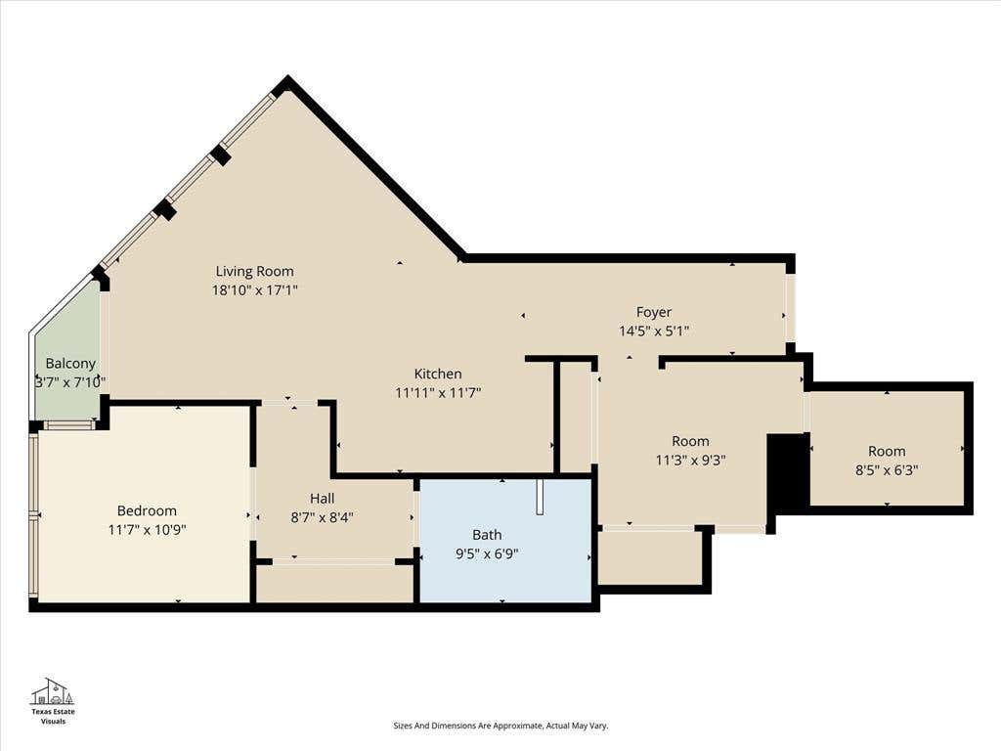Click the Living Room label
(x=255, y=271)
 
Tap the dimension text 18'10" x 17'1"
(x=255, y=289)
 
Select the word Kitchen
(x=438, y=374)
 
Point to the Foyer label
(x=654, y=312)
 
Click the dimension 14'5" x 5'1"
(x=654, y=331)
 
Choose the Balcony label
(x=70, y=364)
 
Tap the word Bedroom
(x=147, y=510)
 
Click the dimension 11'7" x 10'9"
(x=147, y=529)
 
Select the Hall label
(x=323, y=498)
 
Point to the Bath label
(x=487, y=535)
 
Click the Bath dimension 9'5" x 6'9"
(x=487, y=553)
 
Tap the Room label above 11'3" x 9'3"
(x=690, y=441)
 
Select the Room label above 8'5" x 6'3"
(x=887, y=452)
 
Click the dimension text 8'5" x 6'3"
(x=887, y=470)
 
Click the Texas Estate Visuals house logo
(x=53, y=691)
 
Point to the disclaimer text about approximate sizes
(x=500, y=726)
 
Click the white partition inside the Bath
(x=540, y=496)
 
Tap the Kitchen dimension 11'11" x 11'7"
(x=438, y=393)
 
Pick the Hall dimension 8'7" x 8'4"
(x=323, y=517)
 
